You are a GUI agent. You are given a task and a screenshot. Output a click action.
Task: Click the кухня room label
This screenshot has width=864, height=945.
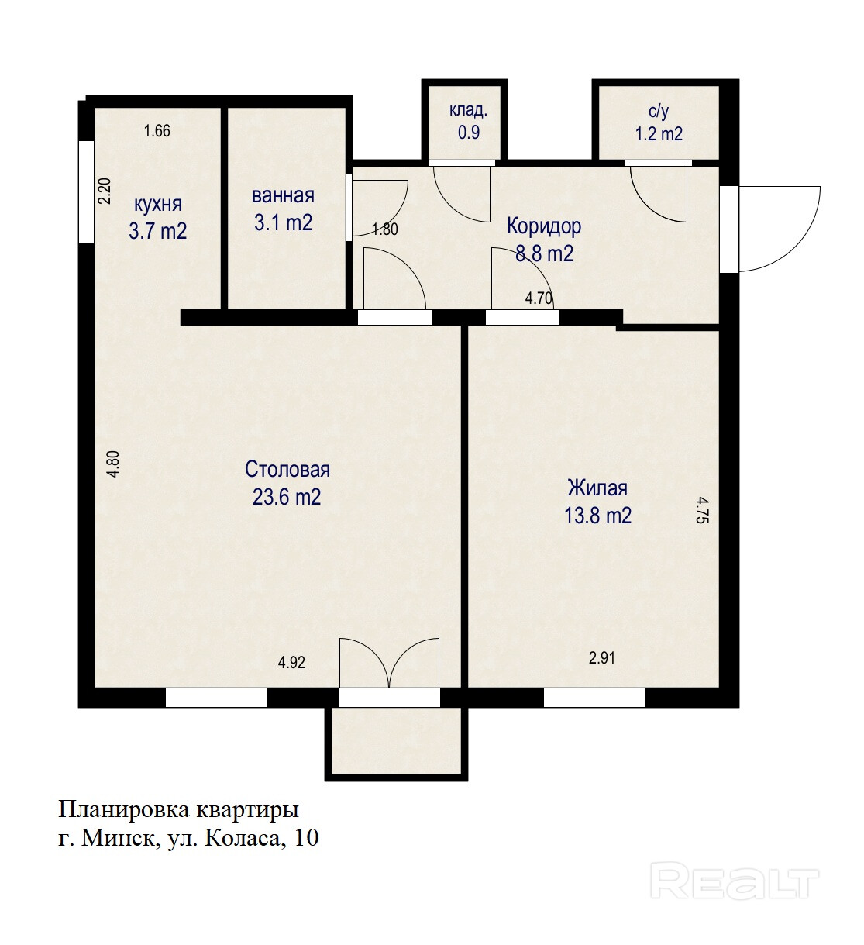158,205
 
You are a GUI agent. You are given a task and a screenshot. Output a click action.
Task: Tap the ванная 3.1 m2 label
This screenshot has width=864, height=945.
283,209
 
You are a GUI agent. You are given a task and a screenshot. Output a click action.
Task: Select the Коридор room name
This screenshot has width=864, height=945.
544,226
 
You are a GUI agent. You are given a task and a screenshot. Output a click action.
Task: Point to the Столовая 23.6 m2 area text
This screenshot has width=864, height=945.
287,483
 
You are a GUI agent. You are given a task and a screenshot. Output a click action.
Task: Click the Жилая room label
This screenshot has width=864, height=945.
597,488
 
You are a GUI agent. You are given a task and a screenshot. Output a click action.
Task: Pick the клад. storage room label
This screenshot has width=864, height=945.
468,110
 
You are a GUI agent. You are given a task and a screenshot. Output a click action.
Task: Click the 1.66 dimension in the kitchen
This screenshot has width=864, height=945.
157,130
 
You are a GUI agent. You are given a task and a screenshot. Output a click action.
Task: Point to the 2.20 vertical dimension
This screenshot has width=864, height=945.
105,191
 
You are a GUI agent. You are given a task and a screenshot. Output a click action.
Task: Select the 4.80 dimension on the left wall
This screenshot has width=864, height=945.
115,464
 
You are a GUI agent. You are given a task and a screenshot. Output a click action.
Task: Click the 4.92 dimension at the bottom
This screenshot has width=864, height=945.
291,662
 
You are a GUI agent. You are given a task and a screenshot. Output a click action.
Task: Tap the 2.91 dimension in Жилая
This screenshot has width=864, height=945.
601,657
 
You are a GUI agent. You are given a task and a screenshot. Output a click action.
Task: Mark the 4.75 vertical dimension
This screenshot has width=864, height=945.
702,510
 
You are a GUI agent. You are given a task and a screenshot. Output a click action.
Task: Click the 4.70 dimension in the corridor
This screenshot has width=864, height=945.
539,298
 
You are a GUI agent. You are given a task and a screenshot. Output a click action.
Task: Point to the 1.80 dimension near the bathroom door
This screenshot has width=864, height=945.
385,229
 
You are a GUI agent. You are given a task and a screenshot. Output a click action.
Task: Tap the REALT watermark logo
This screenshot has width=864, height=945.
735,881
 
